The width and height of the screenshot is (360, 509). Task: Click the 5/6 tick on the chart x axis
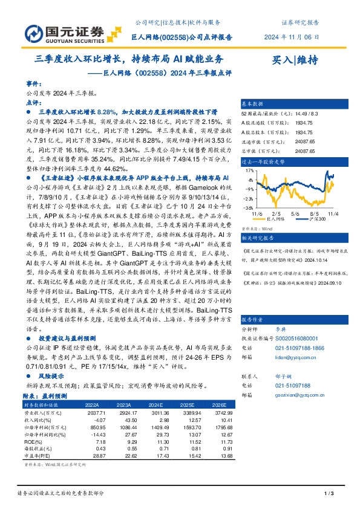[x=295, y=213]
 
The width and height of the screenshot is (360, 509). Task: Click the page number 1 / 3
[x=329, y=494]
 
